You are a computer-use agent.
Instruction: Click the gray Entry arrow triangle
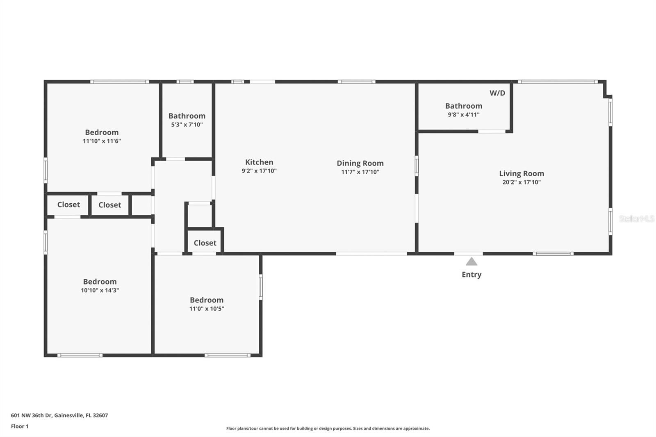pos(471,262)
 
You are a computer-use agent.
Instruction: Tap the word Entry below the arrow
pos(471,275)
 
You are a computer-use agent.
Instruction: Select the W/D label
pos(497,93)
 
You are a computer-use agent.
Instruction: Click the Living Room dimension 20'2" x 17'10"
pos(522,182)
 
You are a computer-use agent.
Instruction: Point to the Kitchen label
pos(259,162)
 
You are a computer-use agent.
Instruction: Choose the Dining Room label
pos(360,163)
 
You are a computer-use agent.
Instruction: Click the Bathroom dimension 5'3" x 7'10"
pos(187,125)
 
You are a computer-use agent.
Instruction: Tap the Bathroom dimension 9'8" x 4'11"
pos(464,115)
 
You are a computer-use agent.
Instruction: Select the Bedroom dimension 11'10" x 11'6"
pos(102,141)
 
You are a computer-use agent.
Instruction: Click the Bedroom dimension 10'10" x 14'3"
pos(100,290)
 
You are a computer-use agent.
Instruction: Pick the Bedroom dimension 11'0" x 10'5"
pos(207,309)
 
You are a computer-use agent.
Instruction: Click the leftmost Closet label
pos(68,205)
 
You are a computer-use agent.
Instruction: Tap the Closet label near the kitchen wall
pos(205,243)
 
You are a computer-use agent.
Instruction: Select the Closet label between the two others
pos(109,205)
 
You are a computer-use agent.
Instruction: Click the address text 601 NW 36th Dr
pos(59,415)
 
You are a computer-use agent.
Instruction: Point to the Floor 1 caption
pos(20,426)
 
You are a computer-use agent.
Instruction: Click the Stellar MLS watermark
pos(636,219)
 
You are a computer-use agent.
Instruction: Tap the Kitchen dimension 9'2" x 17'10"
pos(259,171)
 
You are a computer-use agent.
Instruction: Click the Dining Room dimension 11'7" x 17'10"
pos(360,172)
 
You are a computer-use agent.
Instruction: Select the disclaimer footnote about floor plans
pos(328,428)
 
